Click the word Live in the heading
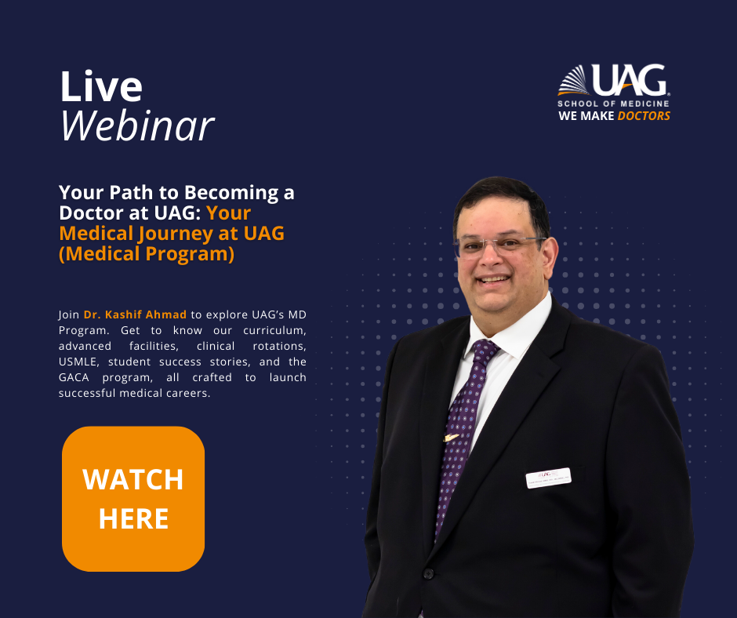101,87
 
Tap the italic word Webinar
137,125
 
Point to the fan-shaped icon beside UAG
573,81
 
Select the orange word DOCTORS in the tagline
644,116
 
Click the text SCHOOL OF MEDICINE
613,104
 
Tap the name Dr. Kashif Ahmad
135,314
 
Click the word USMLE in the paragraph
80,362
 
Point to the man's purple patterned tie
463,424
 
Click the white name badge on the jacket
548,477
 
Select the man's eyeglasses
499,245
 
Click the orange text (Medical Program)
147,254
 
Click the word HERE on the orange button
133,518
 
